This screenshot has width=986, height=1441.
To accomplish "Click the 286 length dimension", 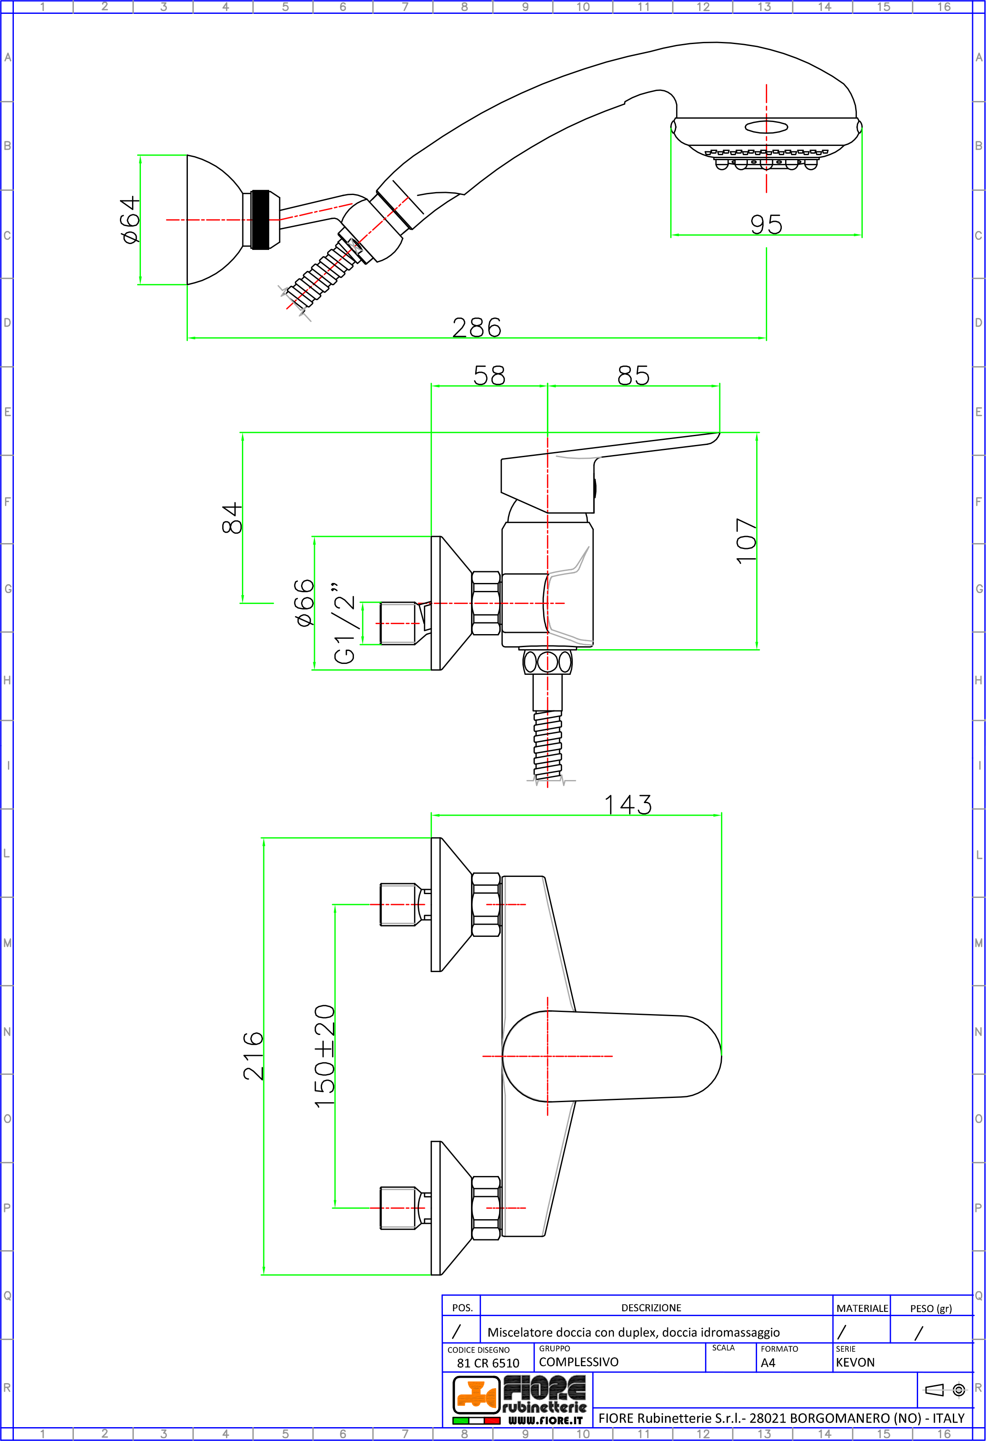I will click(476, 328).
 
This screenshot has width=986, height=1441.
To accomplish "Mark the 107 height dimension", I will click(746, 541).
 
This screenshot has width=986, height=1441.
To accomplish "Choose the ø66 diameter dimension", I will click(304, 603).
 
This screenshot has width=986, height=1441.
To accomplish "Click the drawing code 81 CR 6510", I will click(488, 1363).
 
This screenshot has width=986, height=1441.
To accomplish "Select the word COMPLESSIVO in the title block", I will click(579, 1362).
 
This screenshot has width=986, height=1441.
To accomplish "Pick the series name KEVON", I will click(855, 1362).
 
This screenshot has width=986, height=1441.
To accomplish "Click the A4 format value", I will click(768, 1363).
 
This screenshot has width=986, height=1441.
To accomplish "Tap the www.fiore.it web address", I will click(545, 1420).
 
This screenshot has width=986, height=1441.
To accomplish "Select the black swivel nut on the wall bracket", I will click(260, 219).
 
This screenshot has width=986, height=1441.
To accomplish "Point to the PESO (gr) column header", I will click(930, 1308).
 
